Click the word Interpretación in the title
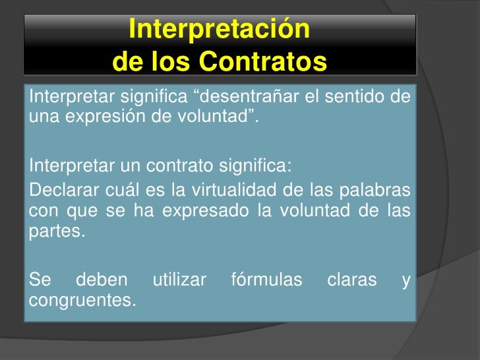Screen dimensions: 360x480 pos(219,30)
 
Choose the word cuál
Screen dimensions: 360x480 pos(117,191)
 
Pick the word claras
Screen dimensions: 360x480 pos(352,281)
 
